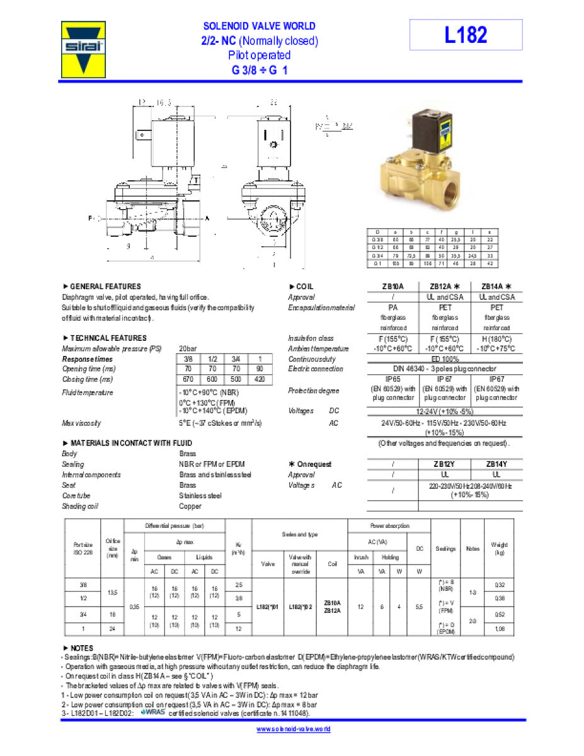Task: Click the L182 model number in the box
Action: [x=466, y=35]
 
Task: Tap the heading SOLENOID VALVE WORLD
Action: [x=259, y=26]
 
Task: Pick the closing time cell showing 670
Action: [x=187, y=379]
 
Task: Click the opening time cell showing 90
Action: [x=260, y=369]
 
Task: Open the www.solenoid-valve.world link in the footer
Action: [x=294, y=729]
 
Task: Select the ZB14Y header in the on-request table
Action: [x=496, y=464]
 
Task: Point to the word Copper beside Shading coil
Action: [x=190, y=506]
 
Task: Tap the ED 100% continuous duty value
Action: [x=444, y=358]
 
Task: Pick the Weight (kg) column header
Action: [x=499, y=549]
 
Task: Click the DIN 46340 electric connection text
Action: [x=444, y=369]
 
